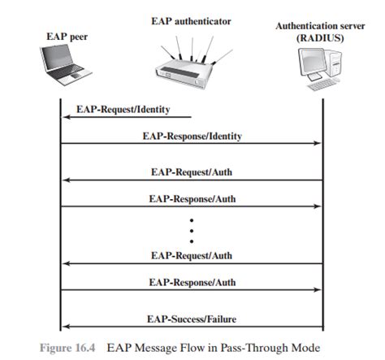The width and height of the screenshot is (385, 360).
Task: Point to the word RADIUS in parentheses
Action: pyautogui.click(x=322, y=38)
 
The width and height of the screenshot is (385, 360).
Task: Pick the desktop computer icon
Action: pyautogui.click(x=319, y=69)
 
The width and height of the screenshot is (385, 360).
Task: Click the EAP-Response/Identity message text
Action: pyautogui.click(x=192, y=136)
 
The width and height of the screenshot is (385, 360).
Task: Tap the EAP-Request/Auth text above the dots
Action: pyautogui.click(x=192, y=172)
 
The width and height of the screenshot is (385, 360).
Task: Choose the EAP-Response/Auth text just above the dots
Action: pyautogui.click(x=192, y=197)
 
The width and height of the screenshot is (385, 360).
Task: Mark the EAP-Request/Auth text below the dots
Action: pyautogui.click(x=192, y=255)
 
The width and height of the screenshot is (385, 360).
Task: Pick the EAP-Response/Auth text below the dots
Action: pyautogui.click(x=192, y=281)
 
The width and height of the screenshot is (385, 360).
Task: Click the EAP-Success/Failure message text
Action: pyautogui.click(x=192, y=318)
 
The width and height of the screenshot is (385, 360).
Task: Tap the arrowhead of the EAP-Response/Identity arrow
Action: pyautogui.click(x=318, y=144)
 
